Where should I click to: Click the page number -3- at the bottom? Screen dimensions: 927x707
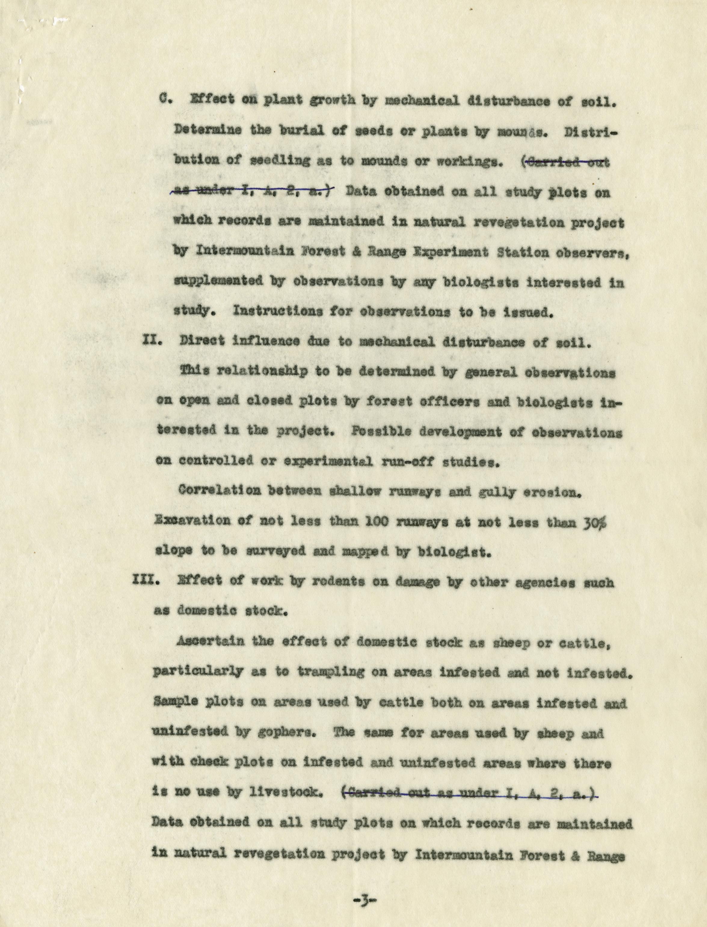pos(364,900)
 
